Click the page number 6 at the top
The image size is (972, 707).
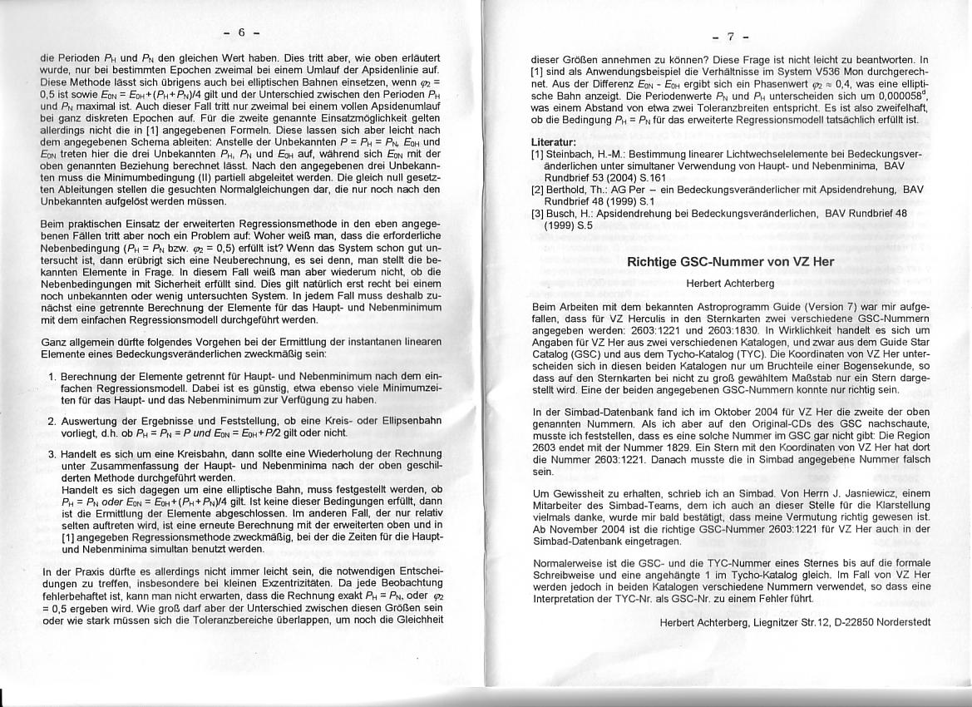point(241,33)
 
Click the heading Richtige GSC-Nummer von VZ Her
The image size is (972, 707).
point(729,261)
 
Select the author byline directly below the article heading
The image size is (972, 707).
point(730,283)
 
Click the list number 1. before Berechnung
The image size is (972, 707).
point(52,377)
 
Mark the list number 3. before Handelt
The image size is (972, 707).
point(52,454)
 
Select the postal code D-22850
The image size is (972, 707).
point(836,622)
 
